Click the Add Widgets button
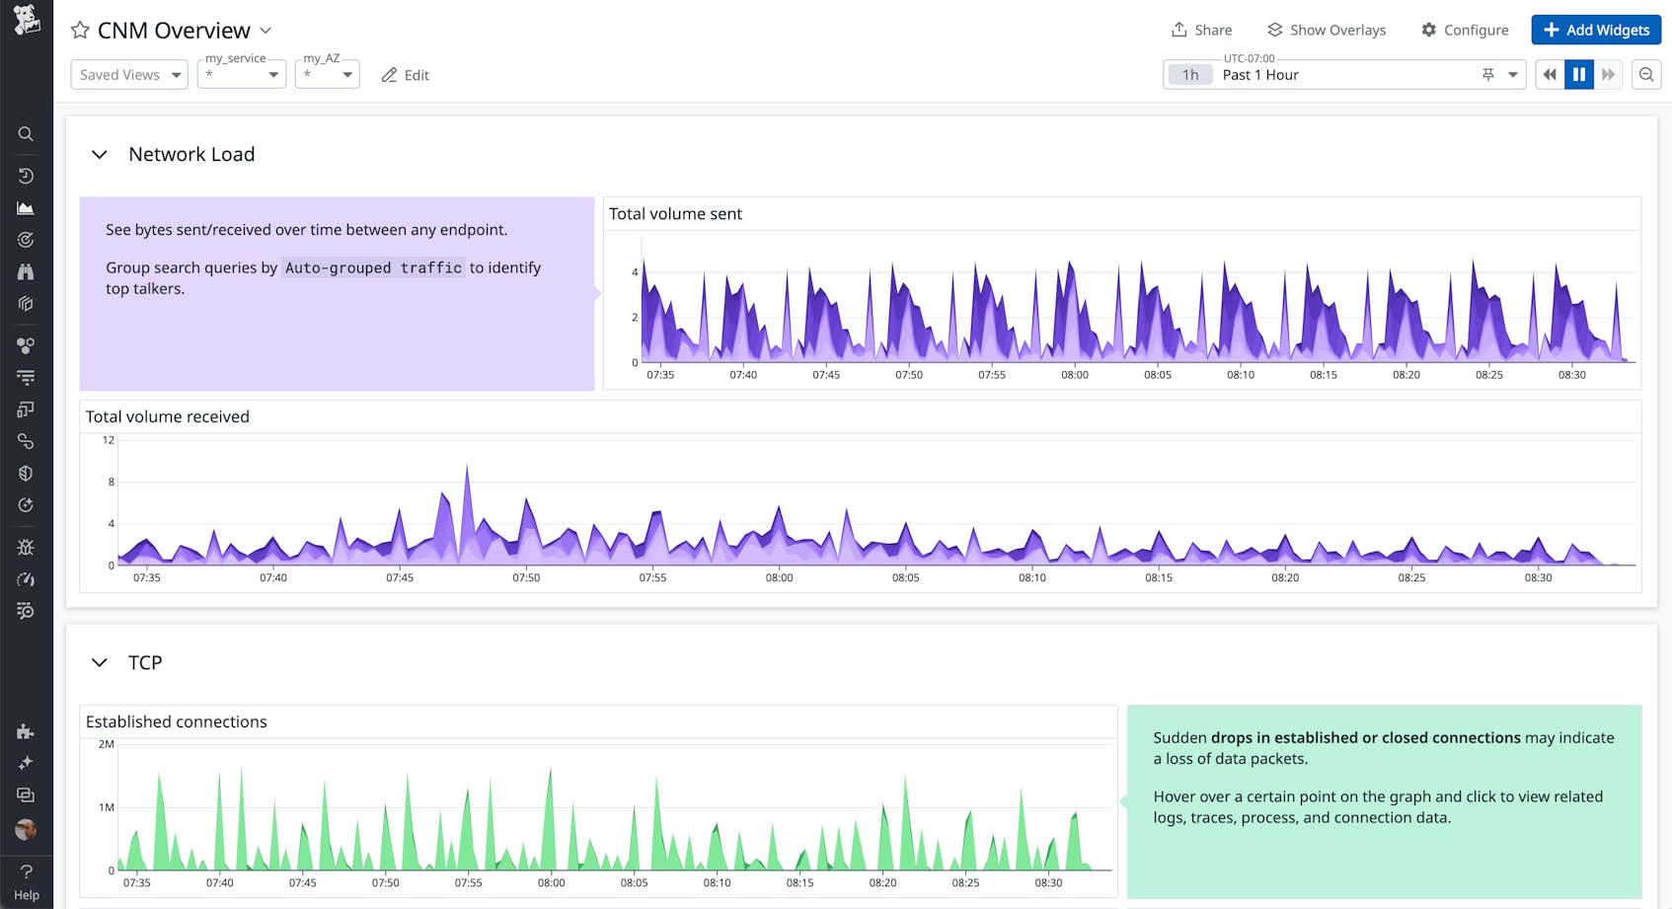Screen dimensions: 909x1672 [1596, 30]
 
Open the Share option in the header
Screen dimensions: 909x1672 [1201, 30]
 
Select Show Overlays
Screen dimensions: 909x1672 [1327, 30]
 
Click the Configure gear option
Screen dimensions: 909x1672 [1465, 30]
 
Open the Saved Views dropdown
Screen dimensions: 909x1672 [129, 75]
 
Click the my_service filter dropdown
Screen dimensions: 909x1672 [242, 75]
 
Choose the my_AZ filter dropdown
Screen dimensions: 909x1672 [327, 75]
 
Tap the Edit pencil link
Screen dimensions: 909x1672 [406, 75]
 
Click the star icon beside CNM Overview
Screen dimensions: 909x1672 [80, 31]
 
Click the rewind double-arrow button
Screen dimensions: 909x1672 [1550, 75]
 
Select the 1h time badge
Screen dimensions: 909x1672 [1190, 75]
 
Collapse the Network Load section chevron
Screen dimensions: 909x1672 [99, 154]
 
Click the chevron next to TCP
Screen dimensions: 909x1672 [99, 662]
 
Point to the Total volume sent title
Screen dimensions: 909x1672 [675, 214]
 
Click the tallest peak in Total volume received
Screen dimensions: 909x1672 [467, 468]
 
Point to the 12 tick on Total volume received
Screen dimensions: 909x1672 [109, 440]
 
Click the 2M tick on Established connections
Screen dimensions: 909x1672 [107, 744]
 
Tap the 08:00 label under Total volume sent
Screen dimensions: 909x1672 [1075, 375]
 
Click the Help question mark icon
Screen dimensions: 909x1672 [27, 871]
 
